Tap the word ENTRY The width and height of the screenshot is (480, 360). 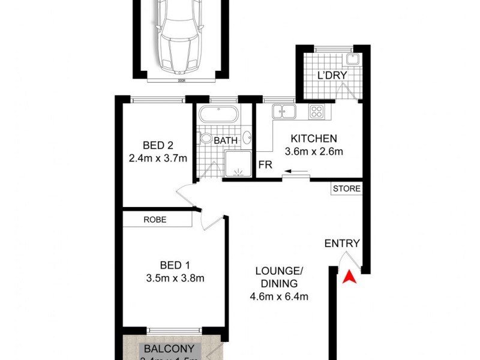click(x=341, y=244)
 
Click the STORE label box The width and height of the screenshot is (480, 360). click(x=347, y=188)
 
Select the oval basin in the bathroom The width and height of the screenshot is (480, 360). click(x=247, y=137)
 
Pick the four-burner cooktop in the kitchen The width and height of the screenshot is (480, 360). click(x=317, y=111)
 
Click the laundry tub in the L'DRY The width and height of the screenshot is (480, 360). click(x=352, y=59)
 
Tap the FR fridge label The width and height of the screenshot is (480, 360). click(x=263, y=164)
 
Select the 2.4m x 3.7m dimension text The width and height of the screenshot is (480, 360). click(x=158, y=159)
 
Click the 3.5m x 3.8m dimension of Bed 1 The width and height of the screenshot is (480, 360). click(x=175, y=278)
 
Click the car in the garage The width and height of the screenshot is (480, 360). click(x=178, y=34)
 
